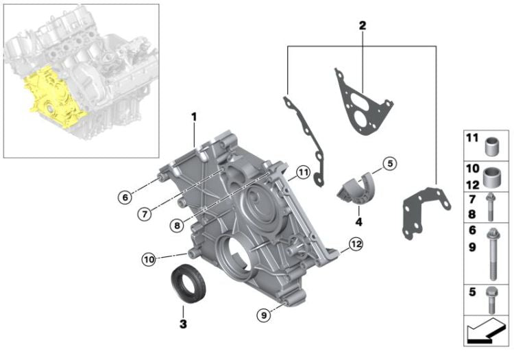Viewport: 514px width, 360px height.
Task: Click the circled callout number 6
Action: tap(124, 197)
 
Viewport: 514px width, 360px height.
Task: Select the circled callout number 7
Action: tap(143, 214)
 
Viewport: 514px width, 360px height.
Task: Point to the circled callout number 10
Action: tap(149, 259)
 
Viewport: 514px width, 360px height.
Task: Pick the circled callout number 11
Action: tap(302, 171)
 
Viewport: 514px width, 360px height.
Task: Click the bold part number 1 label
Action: tap(194, 117)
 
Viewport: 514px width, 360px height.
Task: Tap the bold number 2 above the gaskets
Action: tap(363, 26)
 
